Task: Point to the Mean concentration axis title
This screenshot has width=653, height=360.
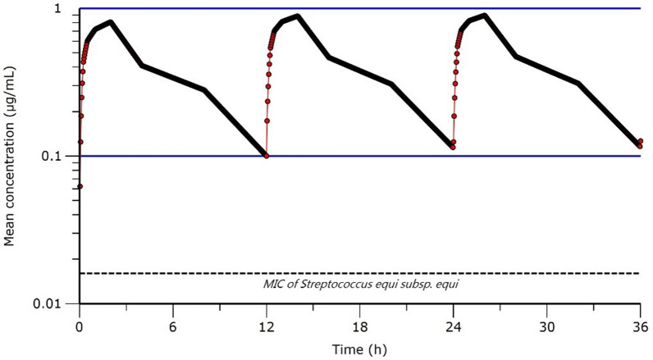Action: [11, 156]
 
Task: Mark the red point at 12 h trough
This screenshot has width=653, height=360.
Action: [267, 155]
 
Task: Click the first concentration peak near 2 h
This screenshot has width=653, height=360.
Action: [110, 22]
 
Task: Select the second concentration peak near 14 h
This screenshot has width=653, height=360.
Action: [297, 16]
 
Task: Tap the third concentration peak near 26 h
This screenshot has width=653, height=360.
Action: [485, 16]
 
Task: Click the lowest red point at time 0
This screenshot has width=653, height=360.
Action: [80, 186]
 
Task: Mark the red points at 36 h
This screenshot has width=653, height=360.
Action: [640, 144]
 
